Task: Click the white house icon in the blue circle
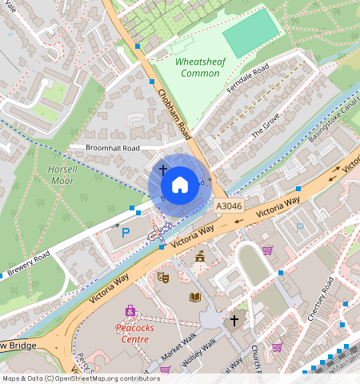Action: (180, 185)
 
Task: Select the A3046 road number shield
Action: (230, 206)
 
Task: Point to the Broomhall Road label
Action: (113, 149)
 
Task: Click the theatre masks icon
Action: (163, 278)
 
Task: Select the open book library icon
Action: (195, 297)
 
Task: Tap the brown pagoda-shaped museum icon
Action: (199, 257)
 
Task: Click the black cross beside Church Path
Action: (234, 321)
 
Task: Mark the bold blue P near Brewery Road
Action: (125, 234)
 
